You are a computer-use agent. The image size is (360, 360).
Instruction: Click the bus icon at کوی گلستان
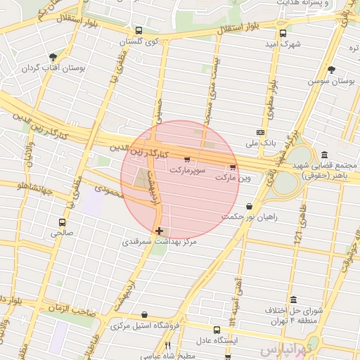[x=139, y=31]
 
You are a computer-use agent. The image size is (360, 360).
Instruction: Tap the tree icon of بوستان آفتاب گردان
[x=53, y=58]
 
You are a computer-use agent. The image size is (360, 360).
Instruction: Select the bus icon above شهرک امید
[x=283, y=33]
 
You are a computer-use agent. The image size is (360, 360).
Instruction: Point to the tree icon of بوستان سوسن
[x=331, y=69]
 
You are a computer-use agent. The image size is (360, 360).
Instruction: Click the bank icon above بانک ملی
[x=261, y=132]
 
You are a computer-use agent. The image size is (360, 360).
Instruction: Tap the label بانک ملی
[x=257, y=143]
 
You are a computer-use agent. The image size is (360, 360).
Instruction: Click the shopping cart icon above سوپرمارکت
[x=186, y=160]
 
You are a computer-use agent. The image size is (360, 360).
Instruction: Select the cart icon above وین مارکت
[x=233, y=167]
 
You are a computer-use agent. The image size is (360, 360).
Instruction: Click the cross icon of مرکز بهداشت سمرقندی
[x=160, y=230]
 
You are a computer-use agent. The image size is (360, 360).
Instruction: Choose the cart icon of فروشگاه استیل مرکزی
[x=145, y=315]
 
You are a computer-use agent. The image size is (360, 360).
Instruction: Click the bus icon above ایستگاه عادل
[x=217, y=329]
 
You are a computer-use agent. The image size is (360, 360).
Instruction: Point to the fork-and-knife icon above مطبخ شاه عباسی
[x=167, y=345]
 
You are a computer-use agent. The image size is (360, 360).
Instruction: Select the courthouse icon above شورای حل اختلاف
[x=293, y=300]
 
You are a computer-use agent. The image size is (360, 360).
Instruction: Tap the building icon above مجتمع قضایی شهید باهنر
[x=323, y=155]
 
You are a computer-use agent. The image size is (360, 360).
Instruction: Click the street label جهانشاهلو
[x=27, y=186]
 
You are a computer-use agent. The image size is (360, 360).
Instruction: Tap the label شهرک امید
[x=289, y=45]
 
